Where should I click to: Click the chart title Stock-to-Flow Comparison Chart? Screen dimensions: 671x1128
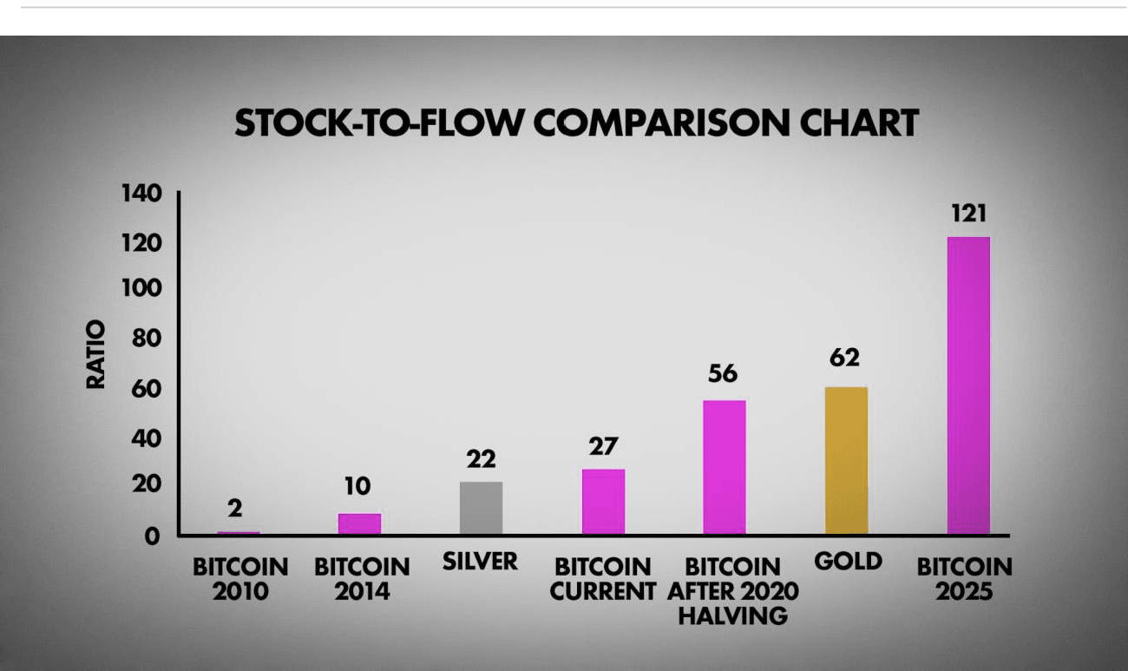point(576,123)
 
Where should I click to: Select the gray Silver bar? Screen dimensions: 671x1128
point(481,508)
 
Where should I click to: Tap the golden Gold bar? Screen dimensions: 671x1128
point(846,460)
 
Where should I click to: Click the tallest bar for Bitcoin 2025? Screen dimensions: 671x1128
point(968,385)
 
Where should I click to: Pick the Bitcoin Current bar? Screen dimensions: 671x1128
point(603,502)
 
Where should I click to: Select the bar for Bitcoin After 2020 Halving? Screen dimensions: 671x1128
point(725,467)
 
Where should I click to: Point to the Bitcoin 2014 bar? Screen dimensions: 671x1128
point(359,523)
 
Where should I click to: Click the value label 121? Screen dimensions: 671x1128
point(967,214)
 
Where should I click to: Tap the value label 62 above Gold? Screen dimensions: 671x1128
point(844,358)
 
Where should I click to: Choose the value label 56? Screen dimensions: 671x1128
point(722,373)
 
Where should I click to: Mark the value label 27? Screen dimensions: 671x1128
point(602,446)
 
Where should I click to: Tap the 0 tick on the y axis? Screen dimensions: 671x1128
point(153,536)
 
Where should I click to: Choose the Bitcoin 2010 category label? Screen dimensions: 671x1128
point(239,580)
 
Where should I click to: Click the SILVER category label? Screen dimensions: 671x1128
point(480,561)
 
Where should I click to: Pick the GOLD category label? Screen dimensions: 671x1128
point(848,561)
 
